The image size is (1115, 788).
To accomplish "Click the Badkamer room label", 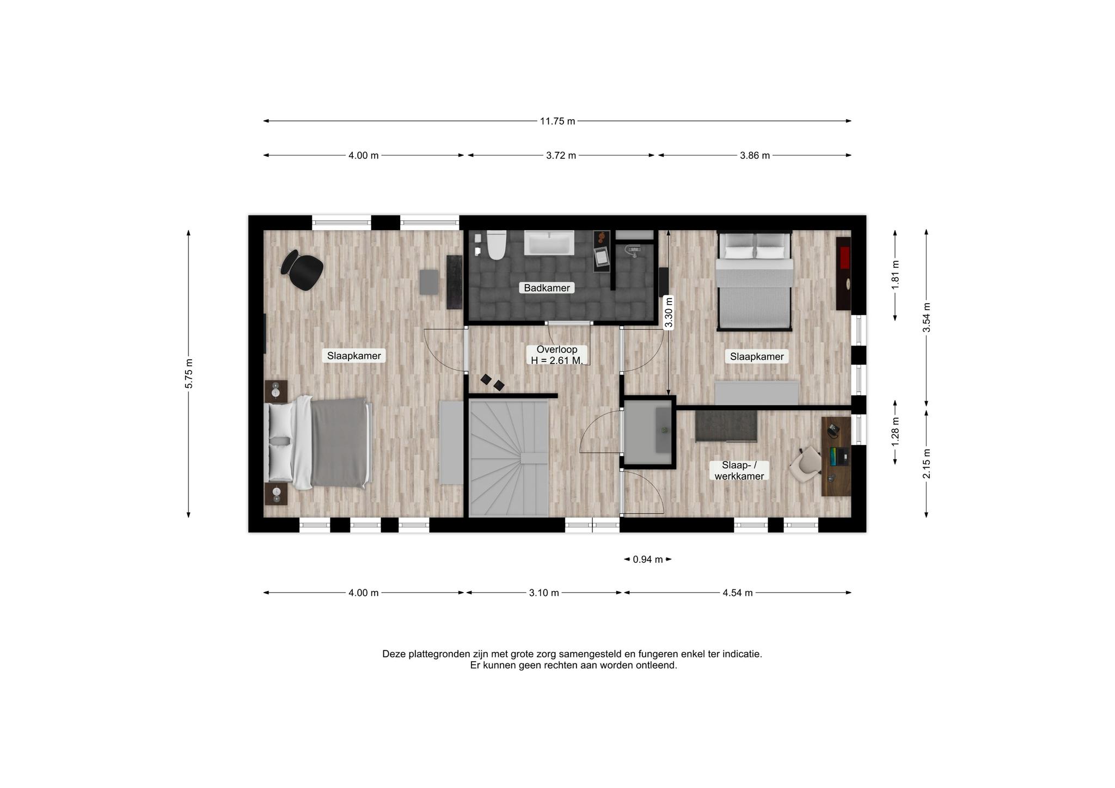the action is (547, 288).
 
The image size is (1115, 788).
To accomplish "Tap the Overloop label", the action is (556, 349).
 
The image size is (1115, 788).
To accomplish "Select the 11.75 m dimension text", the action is (557, 121).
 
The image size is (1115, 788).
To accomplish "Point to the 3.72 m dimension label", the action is (561, 156).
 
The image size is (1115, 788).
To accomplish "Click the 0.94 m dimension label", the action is (648, 559).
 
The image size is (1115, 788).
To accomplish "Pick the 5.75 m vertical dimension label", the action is (189, 374).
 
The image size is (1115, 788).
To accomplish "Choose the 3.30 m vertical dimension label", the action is (669, 312).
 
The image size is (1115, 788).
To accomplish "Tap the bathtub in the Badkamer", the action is (549, 243).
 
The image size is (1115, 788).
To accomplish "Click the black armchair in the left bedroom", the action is (302, 269).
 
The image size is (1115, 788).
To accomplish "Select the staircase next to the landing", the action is (509, 458).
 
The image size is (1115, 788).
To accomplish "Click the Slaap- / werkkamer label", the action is (739, 471).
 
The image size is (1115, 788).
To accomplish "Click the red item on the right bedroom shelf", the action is (845, 257).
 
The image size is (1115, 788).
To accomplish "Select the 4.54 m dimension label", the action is (738, 593).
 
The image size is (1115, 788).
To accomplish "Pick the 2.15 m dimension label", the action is (927, 463).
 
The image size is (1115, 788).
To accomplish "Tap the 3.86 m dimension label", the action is (755, 156).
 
